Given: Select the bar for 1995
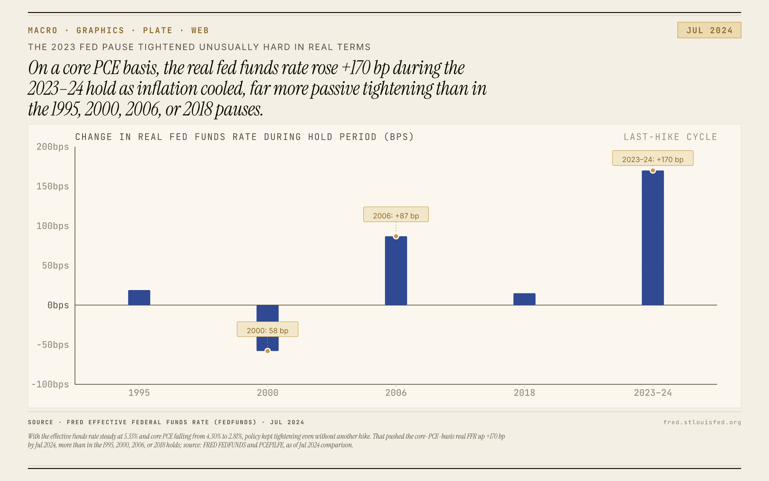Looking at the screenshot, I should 139,298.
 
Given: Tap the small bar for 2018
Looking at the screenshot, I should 524,299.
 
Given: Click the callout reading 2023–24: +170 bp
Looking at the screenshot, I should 652,159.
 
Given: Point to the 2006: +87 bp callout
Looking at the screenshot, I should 396,215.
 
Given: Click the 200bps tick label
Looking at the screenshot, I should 53,147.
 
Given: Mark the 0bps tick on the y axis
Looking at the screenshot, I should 58,305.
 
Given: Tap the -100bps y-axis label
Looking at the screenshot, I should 50,384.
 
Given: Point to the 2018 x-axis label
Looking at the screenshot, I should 524,393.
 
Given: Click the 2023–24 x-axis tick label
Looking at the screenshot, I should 652,393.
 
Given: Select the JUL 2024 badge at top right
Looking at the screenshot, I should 709,30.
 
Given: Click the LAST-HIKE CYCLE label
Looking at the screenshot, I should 670,137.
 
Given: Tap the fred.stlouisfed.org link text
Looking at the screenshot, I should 702,422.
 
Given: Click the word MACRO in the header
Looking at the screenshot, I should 43,30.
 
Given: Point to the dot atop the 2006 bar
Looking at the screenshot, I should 396,236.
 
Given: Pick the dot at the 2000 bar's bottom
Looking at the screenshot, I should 268,351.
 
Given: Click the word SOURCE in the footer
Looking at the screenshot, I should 41,422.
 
